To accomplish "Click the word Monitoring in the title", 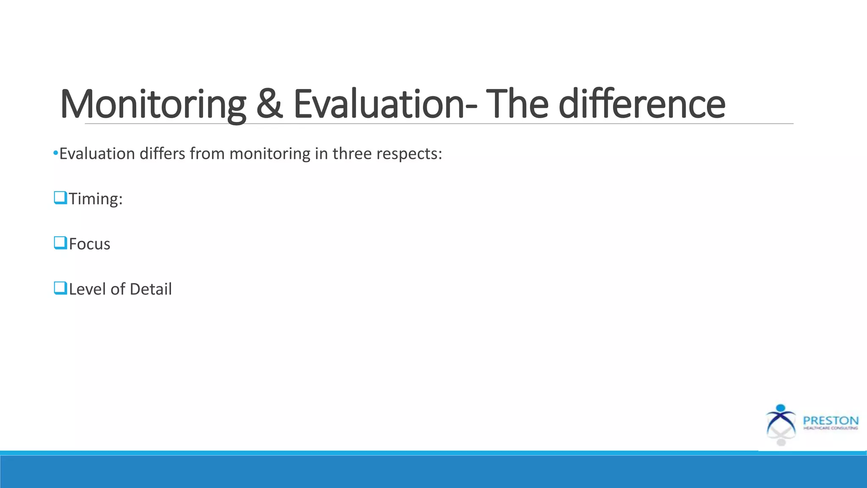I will click(x=153, y=104).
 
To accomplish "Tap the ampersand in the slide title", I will click(x=269, y=104).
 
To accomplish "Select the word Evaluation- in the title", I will click(x=385, y=104).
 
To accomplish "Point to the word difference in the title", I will click(x=642, y=104).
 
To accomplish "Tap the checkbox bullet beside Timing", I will click(x=61, y=198).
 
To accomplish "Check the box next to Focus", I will click(x=61, y=243).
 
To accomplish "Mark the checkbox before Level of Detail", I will click(x=61, y=288).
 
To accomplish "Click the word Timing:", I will click(x=96, y=199).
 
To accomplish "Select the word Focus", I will click(x=89, y=244).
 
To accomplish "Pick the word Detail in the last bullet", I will click(x=151, y=289).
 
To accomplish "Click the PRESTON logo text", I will click(x=831, y=421).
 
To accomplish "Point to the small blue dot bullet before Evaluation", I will click(x=55, y=153).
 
